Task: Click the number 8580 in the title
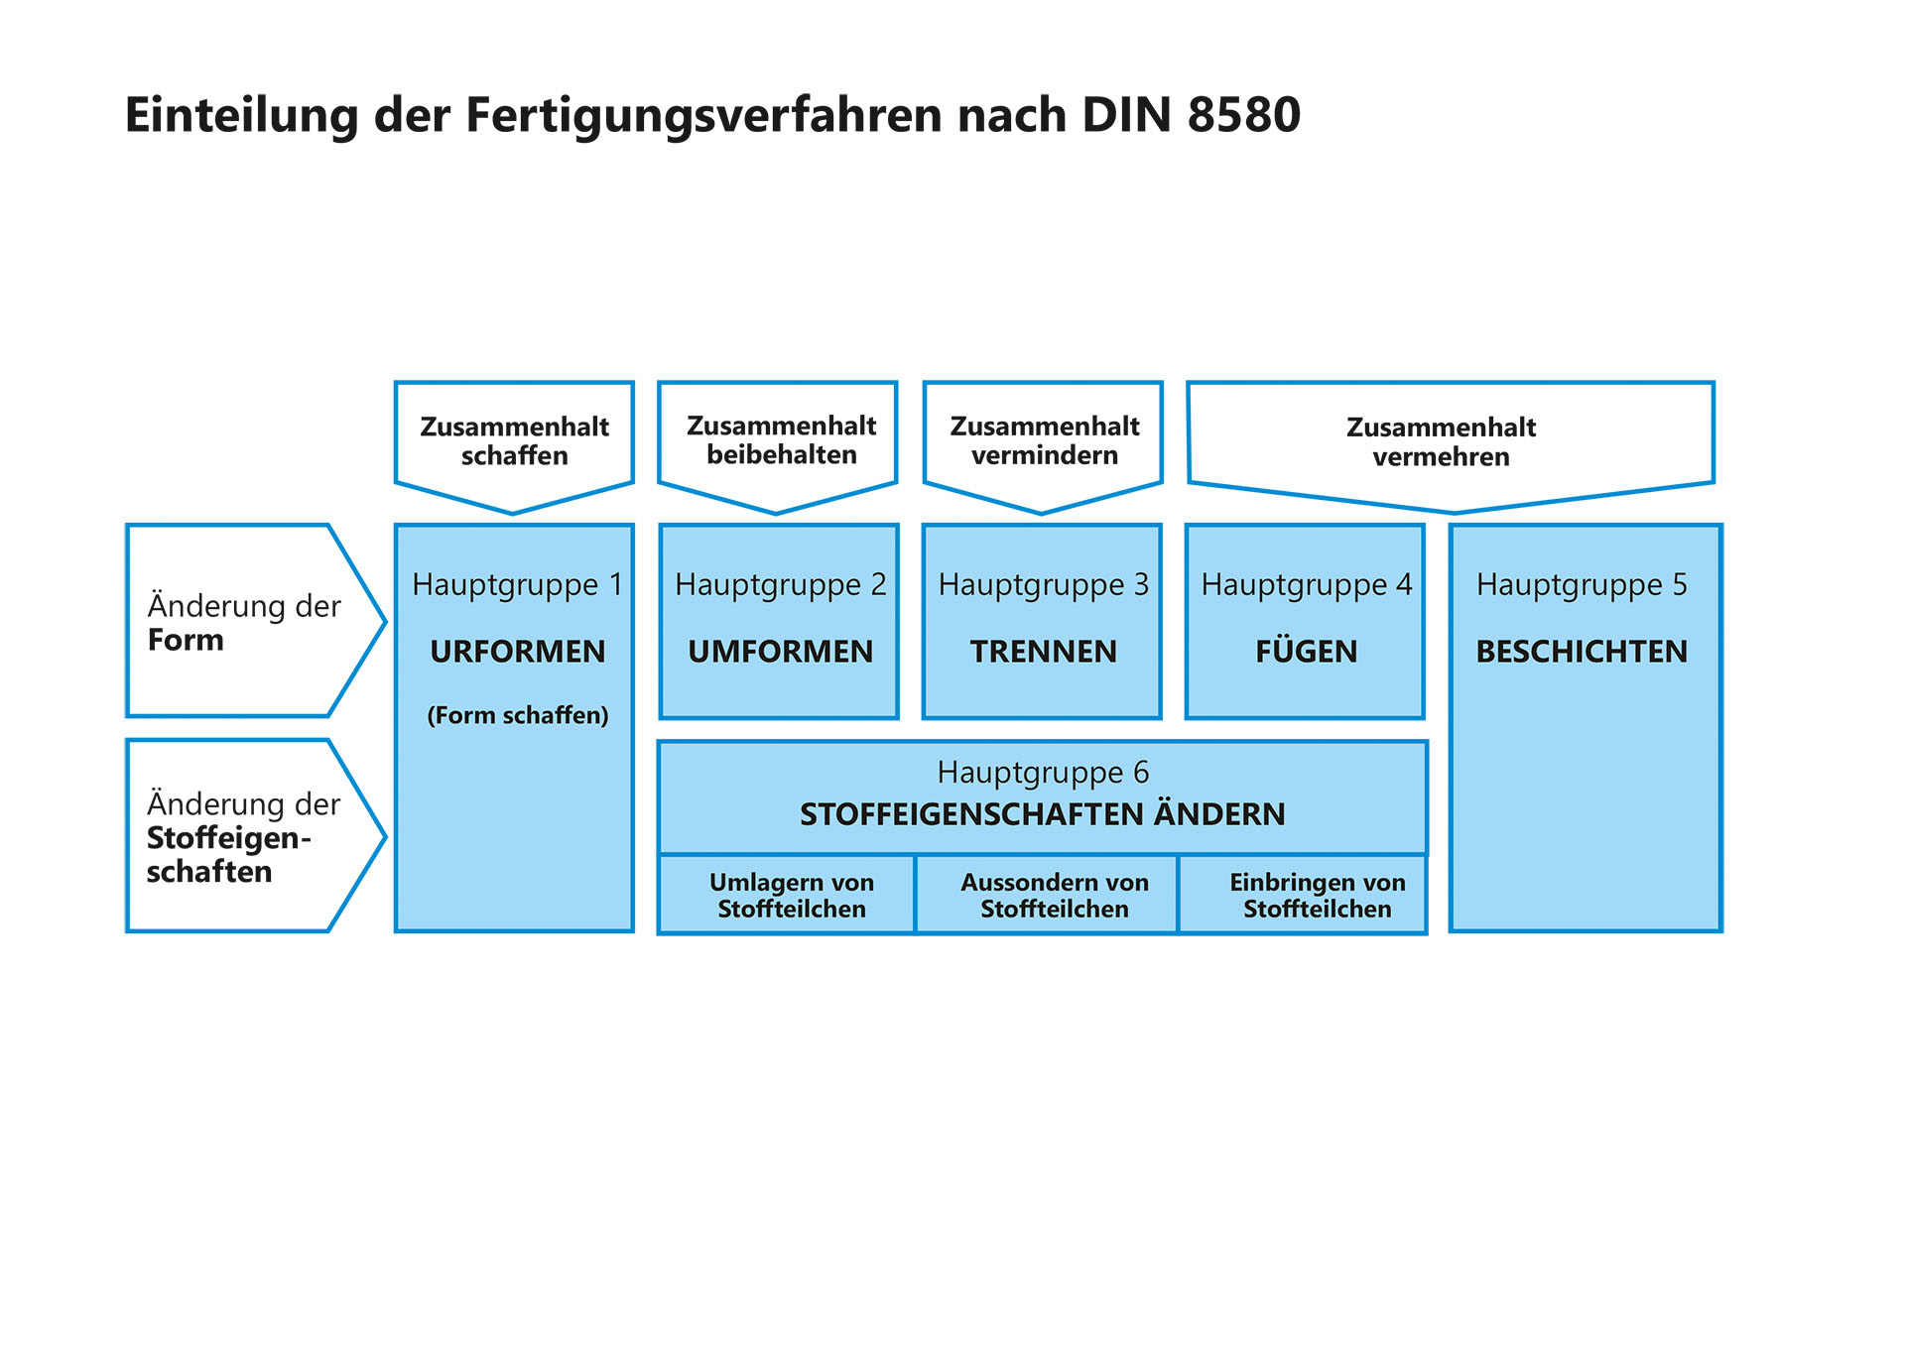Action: pyautogui.click(x=1243, y=115)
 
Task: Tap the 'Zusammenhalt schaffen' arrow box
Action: pyautogui.click(x=514, y=441)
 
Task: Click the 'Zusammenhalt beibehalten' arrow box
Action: pyautogui.click(x=780, y=441)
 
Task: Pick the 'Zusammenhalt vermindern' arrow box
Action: pyautogui.click(x=1044, y=441)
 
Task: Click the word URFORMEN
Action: pyautogui.click(x=517, y=652)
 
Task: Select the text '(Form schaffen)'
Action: pyautogui.click(x=517, y=715)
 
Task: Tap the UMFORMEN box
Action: pyautogui.click(x=780, y=622)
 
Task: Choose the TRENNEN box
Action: pyautogui.click(x=1043, y=622)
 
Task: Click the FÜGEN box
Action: pyautogui.click(x=1306, y=622)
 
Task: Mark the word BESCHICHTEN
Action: pyautogui.click(x=1582, y=652)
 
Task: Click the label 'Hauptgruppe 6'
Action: pyautogui.click(x=1043, y=772)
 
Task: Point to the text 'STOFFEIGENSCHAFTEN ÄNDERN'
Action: pyautogui.click(x=1043, y=814)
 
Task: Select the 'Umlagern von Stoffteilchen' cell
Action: pyautogui.click(x=791, y=895)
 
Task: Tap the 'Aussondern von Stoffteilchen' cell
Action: pyautogui.click(x=1054, y=895)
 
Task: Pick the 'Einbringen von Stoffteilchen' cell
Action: pyautogui.click(x=1317, y=895)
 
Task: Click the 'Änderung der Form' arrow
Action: pyautogui.click(x=243, y=622)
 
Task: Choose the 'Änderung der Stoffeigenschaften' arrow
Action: pyautogui.click(x=243, y=836)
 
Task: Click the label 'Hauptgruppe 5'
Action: pyautogui.click(x=1582, y=584)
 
